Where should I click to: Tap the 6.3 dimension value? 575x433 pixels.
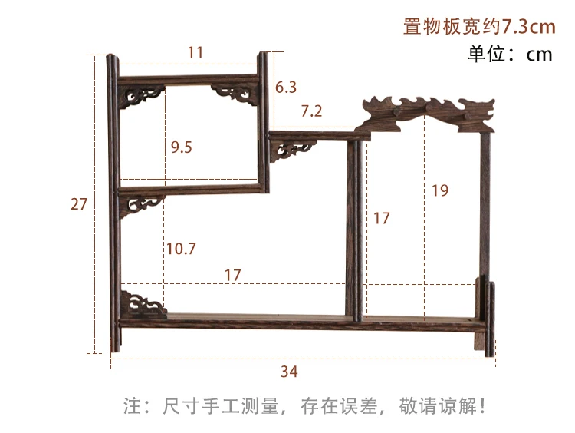285,88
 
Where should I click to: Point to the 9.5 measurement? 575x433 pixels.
182,147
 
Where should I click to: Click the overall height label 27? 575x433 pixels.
79,204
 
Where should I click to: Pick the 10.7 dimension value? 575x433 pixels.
181,249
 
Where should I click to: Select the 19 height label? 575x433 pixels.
440,190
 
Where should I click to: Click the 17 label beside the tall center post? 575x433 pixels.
381,219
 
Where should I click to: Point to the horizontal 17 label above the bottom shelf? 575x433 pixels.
233,274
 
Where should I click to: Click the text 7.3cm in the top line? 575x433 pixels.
528,27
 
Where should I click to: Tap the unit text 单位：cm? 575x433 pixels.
511,55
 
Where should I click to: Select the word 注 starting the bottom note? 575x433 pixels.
130,405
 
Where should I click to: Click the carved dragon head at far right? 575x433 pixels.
475,113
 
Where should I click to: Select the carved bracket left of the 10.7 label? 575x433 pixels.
143,204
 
